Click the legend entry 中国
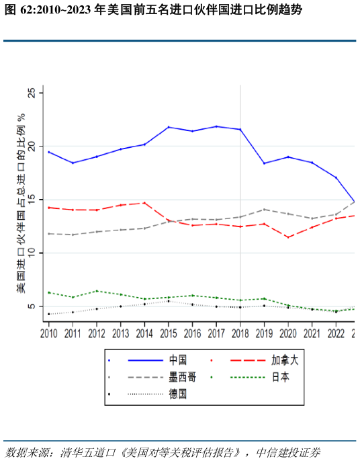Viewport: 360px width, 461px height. (x=178, y=360)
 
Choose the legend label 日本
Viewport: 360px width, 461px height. (x=280, y=377)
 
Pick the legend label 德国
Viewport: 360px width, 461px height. (x=178, y=394)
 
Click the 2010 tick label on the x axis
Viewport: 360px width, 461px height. (x=48, y=333)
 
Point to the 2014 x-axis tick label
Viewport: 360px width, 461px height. (x=144, y=333)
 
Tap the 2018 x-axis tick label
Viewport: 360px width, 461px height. (x=240, y=333)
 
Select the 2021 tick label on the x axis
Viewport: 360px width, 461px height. (x=312, y=333)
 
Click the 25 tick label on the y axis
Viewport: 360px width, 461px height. (x=32, y=93)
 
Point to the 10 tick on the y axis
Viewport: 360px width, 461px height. (x=32, y=253)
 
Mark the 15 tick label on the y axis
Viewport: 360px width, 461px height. (x=32, y=200)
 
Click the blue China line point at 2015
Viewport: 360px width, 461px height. (x=169, y=127)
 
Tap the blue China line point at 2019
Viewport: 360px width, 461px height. (x=265, y=163)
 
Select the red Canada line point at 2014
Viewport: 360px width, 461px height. (x=144, y=203)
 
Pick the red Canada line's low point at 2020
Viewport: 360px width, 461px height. (x=288, y=237)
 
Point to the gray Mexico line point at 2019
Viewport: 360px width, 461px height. (x=265, y=210)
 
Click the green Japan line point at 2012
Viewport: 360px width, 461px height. (x=97, y=291)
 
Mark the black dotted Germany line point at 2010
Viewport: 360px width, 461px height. (x=48, y=314)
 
